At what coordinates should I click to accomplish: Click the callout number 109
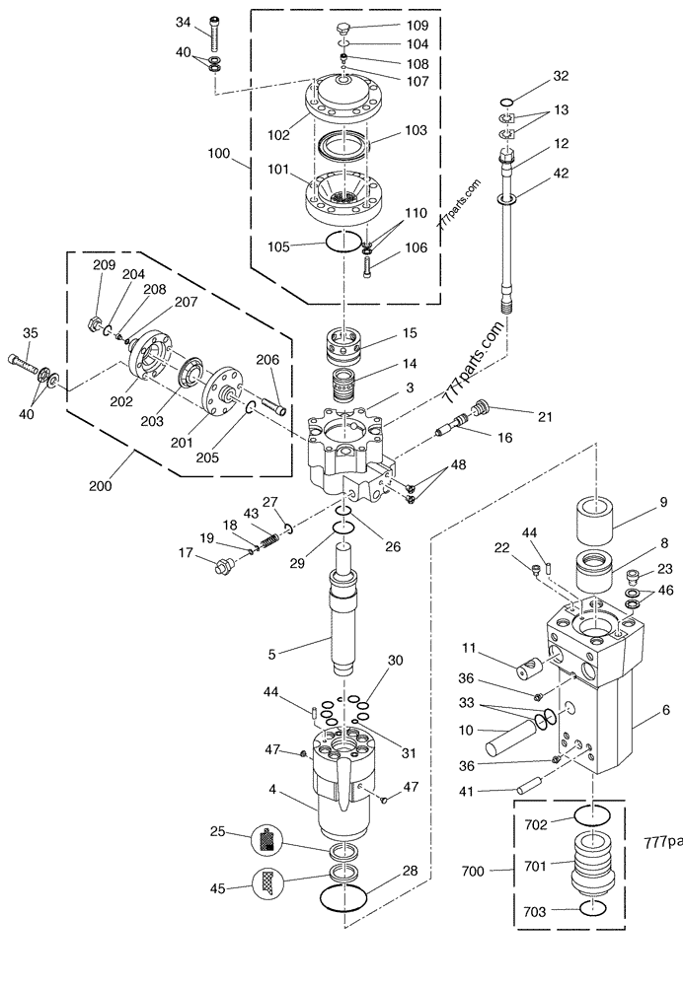(x=417, y=26)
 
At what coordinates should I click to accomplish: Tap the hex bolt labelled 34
(x=215, y=34)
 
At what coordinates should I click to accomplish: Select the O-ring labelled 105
(x=344, y=242)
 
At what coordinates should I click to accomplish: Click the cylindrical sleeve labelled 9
(x=596, y=520)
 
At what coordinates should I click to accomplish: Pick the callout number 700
(x=473, y=871)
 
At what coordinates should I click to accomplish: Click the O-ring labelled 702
(x=592, y=815)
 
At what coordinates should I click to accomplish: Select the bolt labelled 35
(x=26, y=365)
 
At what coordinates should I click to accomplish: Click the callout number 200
(x=100, y=485)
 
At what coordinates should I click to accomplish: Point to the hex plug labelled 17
(x=223, y=567)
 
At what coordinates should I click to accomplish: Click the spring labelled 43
(x=268, y=539)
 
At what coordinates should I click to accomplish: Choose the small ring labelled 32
(x=506, y=102)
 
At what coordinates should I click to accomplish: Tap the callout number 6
(x=666, y=710)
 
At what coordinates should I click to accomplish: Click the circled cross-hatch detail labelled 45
(x=266, y=884)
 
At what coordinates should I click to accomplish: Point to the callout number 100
(x=218, y=154)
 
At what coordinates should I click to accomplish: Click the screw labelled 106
(x=367, y=266)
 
